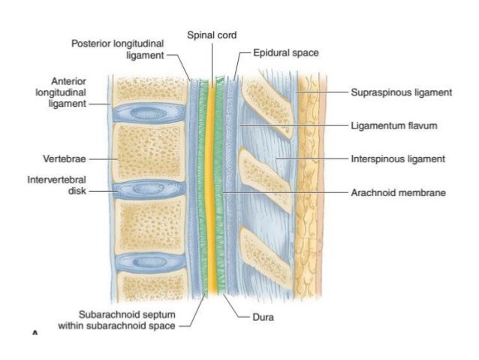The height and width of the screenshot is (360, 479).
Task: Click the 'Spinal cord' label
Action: (210, 36)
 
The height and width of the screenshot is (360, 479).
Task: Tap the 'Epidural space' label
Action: (285, 53)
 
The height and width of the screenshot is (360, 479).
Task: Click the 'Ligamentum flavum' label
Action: (393, 126)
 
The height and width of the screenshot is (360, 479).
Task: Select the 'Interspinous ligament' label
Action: (398, 159)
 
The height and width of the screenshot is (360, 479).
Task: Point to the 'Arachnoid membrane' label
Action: (398, 192)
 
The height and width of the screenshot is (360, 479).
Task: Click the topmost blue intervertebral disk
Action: (150, 113)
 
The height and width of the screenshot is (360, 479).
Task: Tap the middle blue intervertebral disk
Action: (150, 188)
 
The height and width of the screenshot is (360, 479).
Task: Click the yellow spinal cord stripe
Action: (211, 188)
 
